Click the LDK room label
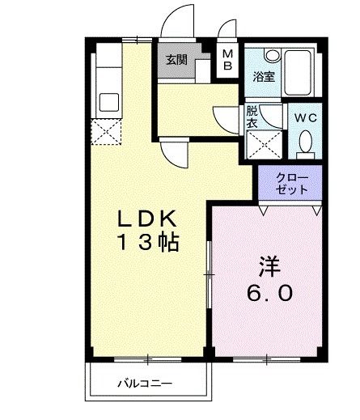[148, 218]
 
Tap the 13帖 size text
[149, 242]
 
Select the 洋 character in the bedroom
[269, 265]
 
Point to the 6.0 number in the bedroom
[269, 293]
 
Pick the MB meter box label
[228, 59]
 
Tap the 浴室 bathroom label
[264, 78]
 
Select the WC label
[305, 118]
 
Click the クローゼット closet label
[291, 183]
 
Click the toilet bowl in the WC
[305, 144]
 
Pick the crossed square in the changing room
[263, 145]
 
